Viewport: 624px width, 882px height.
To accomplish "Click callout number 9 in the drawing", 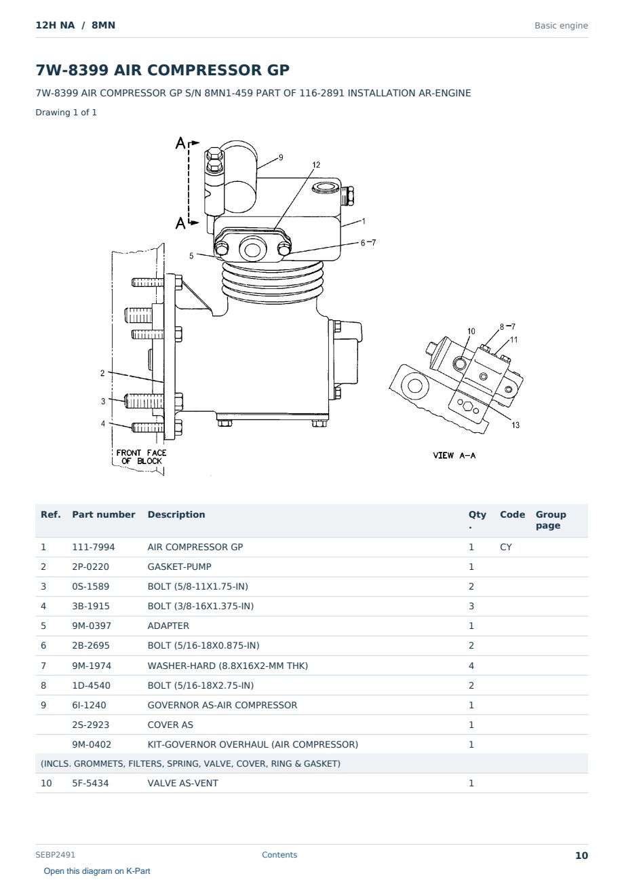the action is tap(281, 157).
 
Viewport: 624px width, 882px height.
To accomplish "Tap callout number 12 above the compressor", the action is tap(316, 165).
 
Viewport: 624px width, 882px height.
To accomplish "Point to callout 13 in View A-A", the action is tap(515, 425).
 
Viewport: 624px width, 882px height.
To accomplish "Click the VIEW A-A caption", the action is tap(454, 455).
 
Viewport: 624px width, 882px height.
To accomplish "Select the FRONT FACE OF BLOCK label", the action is tap(141, 457).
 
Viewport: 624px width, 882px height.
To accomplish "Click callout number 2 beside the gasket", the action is tap(102, 372).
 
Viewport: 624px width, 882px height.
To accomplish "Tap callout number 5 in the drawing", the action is tap(191, 256).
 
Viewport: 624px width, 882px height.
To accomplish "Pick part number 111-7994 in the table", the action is tap(94, 547).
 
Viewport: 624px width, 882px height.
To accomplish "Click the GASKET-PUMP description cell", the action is tap(180, 567).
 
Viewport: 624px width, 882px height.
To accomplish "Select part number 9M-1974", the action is tap(92, 666).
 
